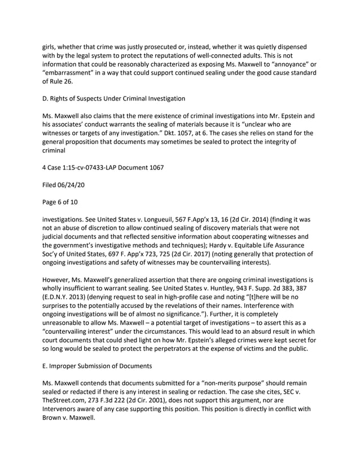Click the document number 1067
(x=154, y=167)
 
